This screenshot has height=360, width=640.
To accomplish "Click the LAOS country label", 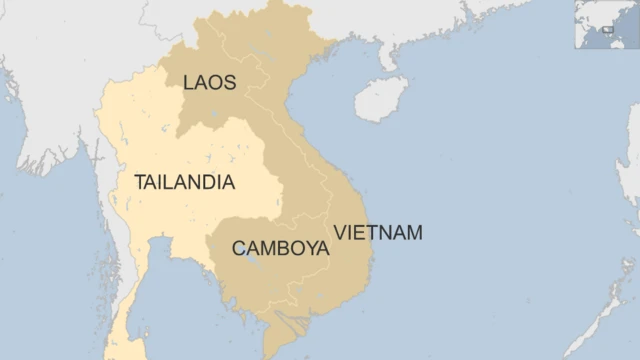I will coord(209,82).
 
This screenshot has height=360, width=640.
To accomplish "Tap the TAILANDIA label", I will coord(184,182).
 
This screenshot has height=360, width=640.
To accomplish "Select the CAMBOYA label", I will coord(280,248).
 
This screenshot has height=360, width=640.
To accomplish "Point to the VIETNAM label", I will coord(378,233).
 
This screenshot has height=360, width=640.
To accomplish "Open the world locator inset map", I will coord(606,24).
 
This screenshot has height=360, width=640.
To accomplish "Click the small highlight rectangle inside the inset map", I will coord(607,29).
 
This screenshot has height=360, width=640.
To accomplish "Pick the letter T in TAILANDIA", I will coord(140,182).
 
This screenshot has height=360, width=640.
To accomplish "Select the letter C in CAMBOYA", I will coord(239,248).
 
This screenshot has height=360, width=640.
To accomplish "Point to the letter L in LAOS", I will coord(189,82).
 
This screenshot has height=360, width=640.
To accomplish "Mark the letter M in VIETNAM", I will coord(414,233).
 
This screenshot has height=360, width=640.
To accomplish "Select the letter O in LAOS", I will coord(215,82).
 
